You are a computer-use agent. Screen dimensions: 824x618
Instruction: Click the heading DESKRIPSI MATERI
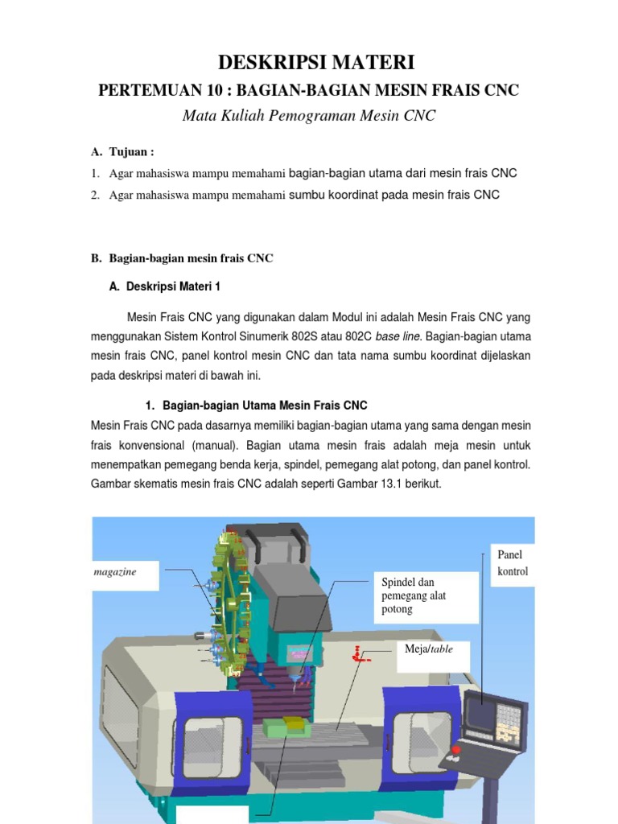tap(308, 62)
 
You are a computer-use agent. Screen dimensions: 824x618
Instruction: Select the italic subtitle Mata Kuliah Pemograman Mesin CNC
tap(308, 116)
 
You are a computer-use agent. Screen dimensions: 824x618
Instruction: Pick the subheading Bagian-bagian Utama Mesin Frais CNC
tap(265, 406)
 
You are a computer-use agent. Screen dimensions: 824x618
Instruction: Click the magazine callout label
tap(115, 571)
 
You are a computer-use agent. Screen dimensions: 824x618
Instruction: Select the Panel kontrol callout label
tap(513, 563)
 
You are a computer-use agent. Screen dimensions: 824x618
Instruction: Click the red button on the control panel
tap(457, 750)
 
